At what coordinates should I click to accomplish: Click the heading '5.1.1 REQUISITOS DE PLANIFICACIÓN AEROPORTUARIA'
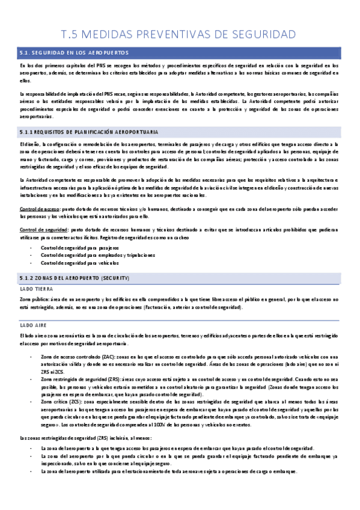[x=89, y=131]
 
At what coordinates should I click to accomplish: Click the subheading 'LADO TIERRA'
[x=34, y=289]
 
